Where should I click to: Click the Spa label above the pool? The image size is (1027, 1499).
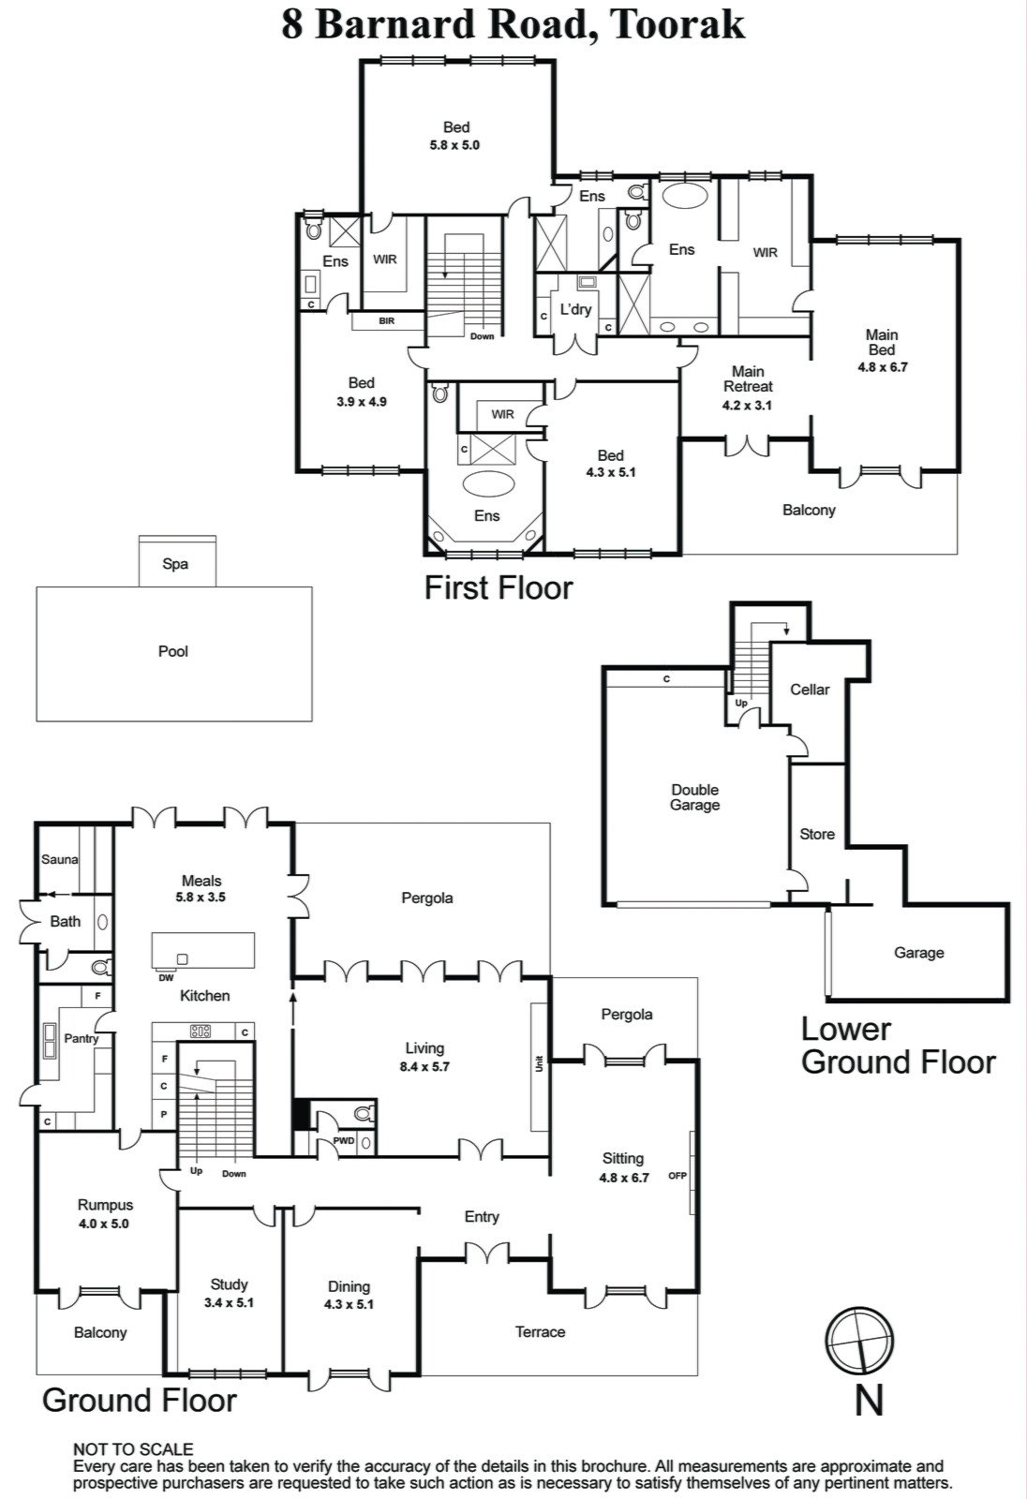pos(174,564)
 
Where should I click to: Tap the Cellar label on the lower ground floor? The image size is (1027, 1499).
pos(810,690)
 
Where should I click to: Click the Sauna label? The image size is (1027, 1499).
pos(60,859)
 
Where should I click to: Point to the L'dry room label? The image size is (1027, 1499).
pos(575,309)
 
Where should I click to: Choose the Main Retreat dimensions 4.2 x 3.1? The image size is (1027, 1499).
pos(747,405)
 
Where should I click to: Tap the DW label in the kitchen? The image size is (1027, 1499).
pos(166,978)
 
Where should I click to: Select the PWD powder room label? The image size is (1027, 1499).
pos(344,1141)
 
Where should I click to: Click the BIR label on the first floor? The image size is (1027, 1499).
pos(387,321)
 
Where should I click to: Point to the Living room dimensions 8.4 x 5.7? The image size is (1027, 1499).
pos(424,1067)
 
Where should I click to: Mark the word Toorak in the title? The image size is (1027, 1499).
pos(677,24)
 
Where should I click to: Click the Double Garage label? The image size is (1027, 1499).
pos(695,797)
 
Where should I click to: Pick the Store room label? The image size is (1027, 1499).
pos(817,834)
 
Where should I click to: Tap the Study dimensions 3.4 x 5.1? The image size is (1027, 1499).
pos(229,1302)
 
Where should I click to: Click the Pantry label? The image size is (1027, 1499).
pos(81,1039)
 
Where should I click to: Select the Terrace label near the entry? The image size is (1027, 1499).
pos(540,1331)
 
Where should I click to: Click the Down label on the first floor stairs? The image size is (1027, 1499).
pos(482,336)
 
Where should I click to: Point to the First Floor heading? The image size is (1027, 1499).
pos(499,587)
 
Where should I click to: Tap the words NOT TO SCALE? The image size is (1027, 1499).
pos(132,1448)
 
